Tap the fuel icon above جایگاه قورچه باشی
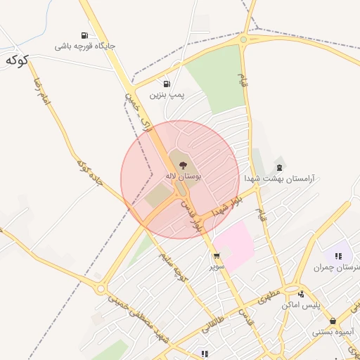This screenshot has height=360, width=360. [84, 35]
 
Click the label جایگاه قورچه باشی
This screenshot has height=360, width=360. [85, 46]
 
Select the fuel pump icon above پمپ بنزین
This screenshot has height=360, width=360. [167, 83]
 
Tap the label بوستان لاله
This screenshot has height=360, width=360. [184, 176]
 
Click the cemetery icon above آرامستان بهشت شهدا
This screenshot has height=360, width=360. [280, 167]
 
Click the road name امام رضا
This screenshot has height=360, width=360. [41, 91]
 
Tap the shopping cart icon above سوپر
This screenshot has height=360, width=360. [217, 256]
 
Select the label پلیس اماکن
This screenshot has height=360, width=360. [301, 305]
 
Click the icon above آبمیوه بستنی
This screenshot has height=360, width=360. [333, 320]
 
